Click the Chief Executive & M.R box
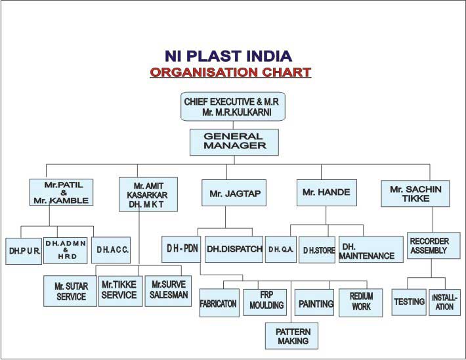(233, 106)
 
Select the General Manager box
(234, 142)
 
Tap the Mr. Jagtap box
(234, 192)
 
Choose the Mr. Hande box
(327, 192)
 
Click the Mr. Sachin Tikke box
(415, 193)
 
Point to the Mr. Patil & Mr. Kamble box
(61, 192)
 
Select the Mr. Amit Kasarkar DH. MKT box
(148, 194)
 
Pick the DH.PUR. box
(24, 251)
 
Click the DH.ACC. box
(111, 250)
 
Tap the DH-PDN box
(181, 250)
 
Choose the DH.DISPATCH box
(234, 250)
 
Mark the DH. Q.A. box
(281, 250)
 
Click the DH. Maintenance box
(371, 250)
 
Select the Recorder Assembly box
(434, 246)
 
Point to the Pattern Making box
(291, 336)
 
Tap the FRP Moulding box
(265, 302)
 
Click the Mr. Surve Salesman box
(168, 291)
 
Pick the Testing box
(409, 302)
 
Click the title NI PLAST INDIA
(228, 56)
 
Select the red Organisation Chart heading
(230, 72)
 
